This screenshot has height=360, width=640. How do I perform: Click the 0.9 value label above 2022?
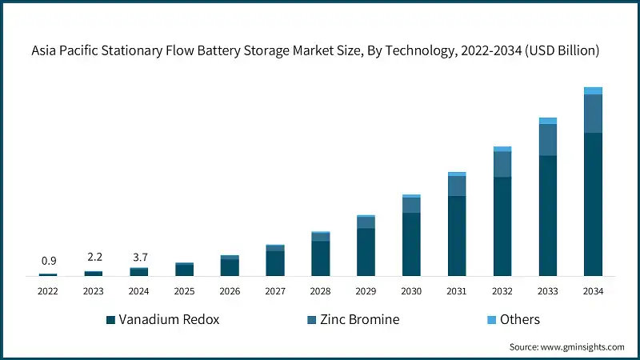coord(48,261)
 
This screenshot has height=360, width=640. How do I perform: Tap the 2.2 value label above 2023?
coord(94,258)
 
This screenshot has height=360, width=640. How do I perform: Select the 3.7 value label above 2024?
coord(139,257)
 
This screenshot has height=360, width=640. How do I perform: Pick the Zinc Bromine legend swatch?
coord(311,320)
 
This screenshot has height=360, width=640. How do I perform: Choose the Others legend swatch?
coord(492,320)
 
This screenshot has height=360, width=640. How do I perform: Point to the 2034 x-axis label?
coord(593,291)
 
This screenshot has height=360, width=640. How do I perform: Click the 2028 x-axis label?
coord(320,291)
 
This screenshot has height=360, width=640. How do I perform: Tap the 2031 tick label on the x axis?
coord(457,291)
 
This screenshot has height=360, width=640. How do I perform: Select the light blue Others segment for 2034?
coord(593,90)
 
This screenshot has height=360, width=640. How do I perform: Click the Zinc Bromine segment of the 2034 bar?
coord(593,114)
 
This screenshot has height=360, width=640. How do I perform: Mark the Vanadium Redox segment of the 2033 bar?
coord(547,216)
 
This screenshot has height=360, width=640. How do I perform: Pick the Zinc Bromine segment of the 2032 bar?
coord(502,164)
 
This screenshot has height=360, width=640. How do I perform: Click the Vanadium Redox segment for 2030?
coord(411,244)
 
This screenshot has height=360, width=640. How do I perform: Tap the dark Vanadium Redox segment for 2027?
coord(275,263)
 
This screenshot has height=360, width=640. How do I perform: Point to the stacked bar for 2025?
coord(185,270)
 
